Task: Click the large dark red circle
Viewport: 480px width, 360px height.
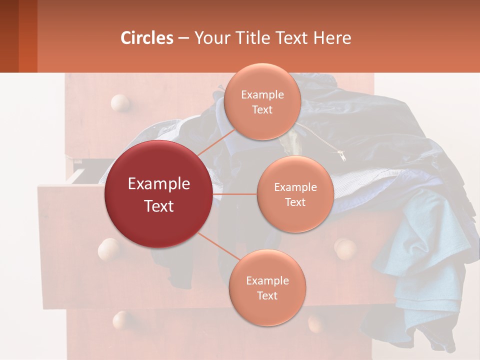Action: pos(158,194)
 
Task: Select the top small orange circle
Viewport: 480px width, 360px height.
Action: pos(262,101)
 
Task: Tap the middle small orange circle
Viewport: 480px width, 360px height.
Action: pos(295,194)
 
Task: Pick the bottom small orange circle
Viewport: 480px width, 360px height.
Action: pos(267,287)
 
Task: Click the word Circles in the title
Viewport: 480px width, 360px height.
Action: pos(147,38)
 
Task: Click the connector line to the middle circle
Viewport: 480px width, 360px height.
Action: pos(235,194)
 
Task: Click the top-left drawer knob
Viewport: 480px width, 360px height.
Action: pos(120,103)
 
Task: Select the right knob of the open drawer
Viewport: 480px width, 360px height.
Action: pos(345,248)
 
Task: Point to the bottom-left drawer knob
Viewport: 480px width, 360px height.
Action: pos(121,319)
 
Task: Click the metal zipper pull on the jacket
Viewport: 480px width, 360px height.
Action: pos(341,154)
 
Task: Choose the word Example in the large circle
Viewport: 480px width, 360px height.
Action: pos(159,184)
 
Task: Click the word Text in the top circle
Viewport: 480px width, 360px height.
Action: pos(262,109)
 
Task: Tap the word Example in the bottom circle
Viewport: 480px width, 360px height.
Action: pos(267,280)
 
